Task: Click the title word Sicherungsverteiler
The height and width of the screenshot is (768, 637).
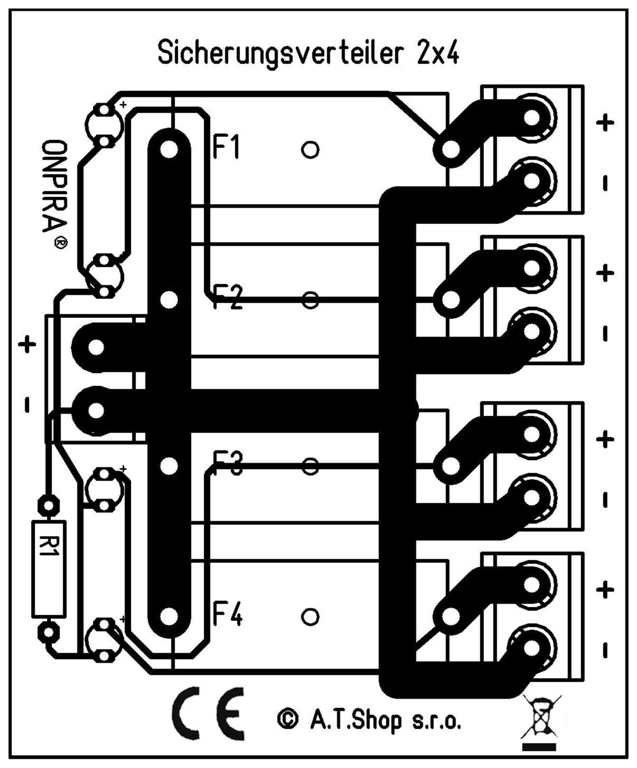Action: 280,53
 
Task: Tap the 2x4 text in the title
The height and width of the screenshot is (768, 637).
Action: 438,53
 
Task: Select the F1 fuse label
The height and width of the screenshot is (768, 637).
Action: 226,147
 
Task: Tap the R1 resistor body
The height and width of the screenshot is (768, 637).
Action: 49,568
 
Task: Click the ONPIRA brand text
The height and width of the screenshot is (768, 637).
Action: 54,187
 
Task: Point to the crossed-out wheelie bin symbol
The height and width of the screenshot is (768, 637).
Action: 540,720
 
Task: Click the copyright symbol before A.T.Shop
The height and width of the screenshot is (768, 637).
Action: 287,719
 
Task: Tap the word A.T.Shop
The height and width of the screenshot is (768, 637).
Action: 355,721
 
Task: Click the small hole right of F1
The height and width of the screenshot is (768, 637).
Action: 310,149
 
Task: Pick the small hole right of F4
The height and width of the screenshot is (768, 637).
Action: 310,616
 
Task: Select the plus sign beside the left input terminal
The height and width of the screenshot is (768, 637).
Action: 27,344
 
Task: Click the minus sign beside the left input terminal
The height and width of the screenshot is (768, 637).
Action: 27,406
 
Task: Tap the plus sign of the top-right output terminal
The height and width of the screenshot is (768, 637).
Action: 605,123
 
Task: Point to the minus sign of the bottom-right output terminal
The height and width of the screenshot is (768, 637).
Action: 605,650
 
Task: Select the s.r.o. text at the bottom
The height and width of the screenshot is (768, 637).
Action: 436,722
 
